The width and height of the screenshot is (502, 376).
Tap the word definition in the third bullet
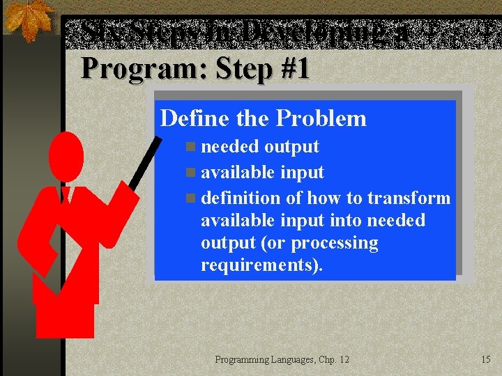241,198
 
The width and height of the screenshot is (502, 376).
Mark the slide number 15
485,359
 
